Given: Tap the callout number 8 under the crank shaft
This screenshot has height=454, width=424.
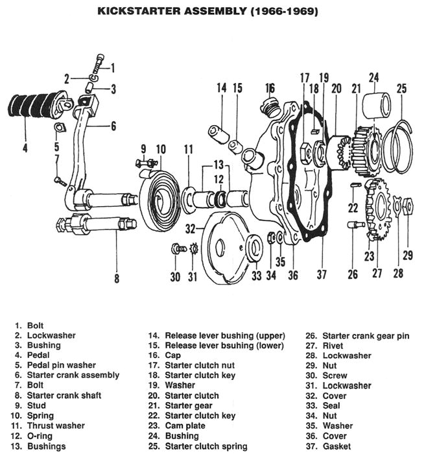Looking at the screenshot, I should coord(117,280).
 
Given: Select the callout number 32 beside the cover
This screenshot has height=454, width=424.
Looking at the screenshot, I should coord(190,228).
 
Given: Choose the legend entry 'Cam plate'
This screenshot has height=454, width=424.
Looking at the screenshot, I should coord(187,426).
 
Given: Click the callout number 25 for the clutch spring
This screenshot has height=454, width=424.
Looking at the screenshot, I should coord(401,88).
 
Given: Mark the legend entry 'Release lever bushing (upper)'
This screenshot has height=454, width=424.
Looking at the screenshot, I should coord(225,335).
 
